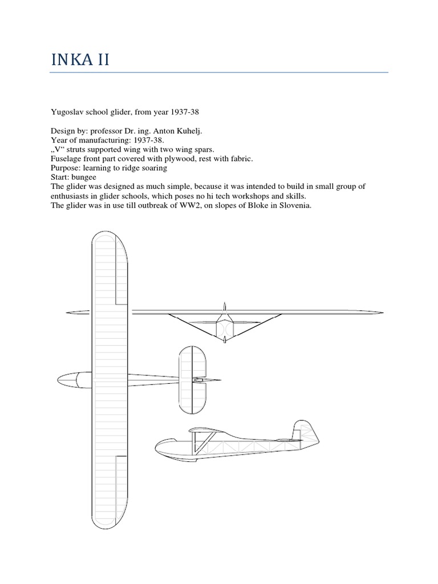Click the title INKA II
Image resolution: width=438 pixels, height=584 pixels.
pyautogui.click(x=80, y=59)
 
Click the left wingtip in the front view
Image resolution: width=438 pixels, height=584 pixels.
pyautogui.click(x=71, y=312)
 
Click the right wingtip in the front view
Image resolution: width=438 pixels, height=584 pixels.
pyautogui.click(x=379, y=312)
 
